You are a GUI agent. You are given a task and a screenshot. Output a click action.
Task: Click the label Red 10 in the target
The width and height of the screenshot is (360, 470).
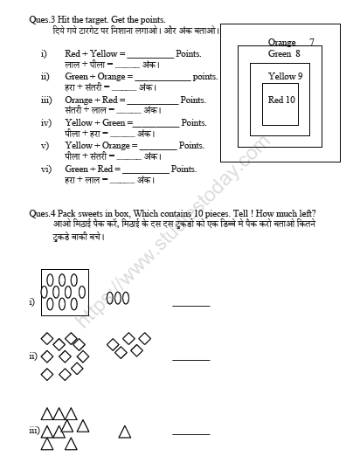[x=282, y=100]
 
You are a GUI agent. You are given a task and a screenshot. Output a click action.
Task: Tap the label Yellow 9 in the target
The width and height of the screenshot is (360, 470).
[x=285, y=77]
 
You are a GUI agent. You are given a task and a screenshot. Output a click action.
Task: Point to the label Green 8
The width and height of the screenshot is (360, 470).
[x=284, y=53]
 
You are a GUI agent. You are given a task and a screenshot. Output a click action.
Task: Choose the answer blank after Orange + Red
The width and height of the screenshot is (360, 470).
[x=154, y=101]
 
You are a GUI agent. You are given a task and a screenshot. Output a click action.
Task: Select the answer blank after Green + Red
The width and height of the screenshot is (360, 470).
[x=146, y=169]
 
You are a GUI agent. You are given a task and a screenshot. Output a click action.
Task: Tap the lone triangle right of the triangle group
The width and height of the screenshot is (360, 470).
[x=125, y=432]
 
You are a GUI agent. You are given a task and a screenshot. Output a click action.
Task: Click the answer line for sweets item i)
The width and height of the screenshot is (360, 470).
[x=190, y=305]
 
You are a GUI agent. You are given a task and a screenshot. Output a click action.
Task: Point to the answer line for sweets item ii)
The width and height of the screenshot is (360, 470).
[x=190, y=359]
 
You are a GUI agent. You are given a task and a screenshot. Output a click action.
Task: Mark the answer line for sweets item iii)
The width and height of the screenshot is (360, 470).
[x=190, y=433]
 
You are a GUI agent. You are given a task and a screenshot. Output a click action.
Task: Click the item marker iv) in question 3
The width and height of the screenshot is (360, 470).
[x=45, y=123]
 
